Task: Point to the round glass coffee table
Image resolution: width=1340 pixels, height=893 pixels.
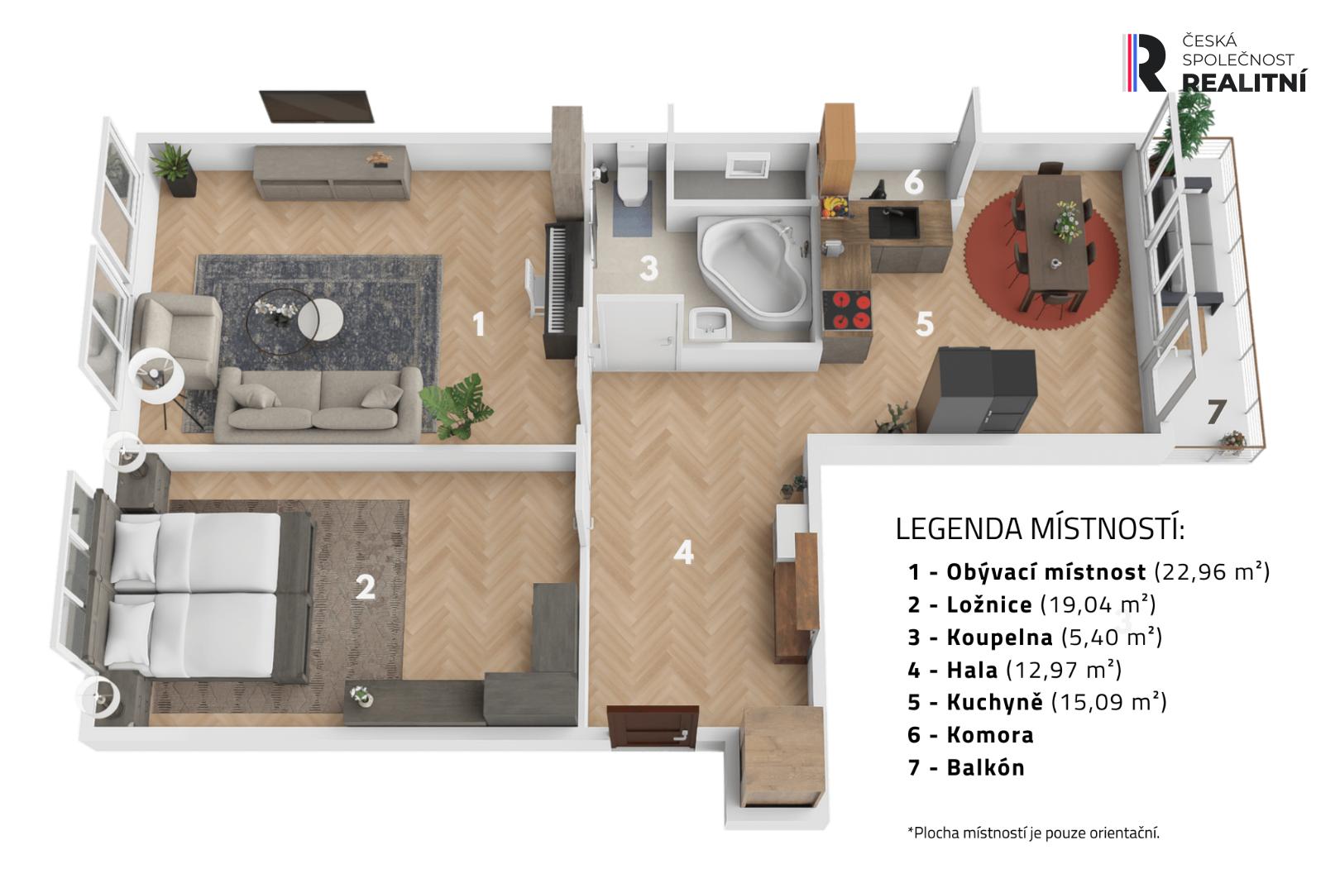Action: [281, 321]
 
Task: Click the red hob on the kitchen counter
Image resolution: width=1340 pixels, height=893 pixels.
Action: [846, 310]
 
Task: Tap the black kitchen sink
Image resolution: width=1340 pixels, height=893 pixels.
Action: [893, 222]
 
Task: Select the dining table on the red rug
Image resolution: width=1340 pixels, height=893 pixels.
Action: [1054, 239]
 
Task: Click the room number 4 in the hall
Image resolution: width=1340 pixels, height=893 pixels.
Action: [683, 552]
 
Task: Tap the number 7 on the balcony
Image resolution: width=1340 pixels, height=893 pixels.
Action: [1216, 412]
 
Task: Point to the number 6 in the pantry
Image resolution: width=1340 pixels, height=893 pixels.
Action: [913, 182]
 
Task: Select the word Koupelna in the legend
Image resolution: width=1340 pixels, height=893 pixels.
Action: [999, 638]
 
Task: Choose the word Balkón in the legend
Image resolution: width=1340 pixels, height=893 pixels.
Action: [985, 767]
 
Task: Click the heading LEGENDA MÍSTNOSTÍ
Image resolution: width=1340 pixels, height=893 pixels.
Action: [1040, 528]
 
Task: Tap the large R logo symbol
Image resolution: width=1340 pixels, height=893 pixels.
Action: [1145, 63]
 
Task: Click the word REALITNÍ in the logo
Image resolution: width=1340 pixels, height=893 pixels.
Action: [1244, 83]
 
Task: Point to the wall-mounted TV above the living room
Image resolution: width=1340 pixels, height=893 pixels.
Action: [317, 107]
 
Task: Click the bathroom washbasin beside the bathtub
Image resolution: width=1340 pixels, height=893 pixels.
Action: [710, 323]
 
